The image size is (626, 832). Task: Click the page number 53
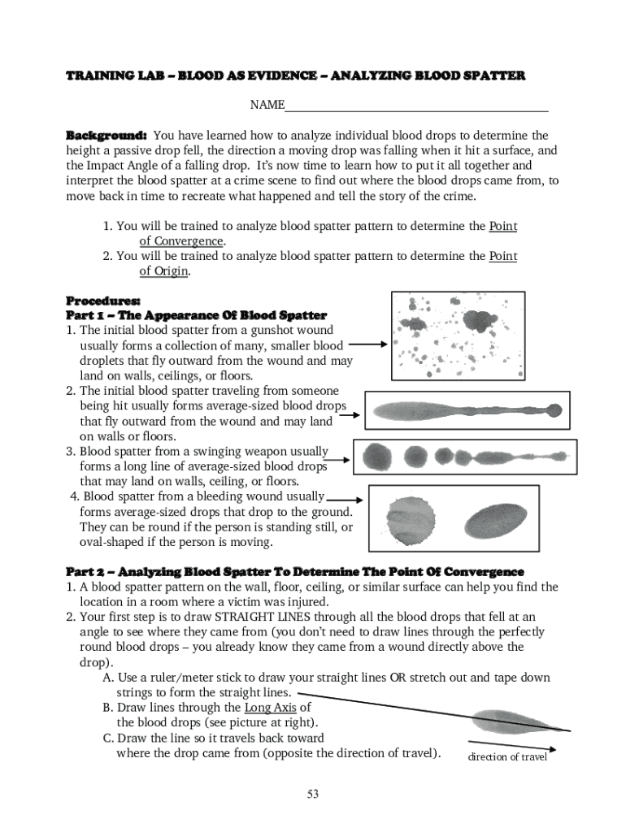click(312, 794)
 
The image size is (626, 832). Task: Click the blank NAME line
click(416, 106)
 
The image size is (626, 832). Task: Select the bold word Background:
click(106, 135)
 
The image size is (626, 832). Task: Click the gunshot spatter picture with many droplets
click(458, 336)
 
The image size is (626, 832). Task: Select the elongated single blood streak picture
click(464, 412)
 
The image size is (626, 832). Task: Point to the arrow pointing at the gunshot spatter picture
click(367, 344)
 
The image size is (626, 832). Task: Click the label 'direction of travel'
click(507, 757)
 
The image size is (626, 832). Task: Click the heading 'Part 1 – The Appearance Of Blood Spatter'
click(196, 314)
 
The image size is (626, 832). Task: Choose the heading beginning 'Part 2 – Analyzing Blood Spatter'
click(294, 571)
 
